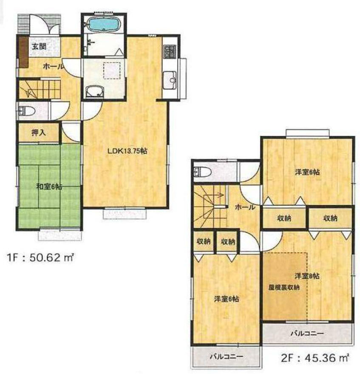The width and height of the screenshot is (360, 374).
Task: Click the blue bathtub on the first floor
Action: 103,24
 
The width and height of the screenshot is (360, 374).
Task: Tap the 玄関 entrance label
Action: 38,47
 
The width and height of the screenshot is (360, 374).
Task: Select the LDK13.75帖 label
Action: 130,151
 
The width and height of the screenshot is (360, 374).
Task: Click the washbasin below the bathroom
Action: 94,91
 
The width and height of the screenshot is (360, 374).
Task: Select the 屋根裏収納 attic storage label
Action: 284,287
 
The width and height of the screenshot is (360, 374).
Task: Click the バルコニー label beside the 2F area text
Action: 307,334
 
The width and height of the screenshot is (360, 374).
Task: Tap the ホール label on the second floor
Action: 245,207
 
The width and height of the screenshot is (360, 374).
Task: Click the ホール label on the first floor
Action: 53,66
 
